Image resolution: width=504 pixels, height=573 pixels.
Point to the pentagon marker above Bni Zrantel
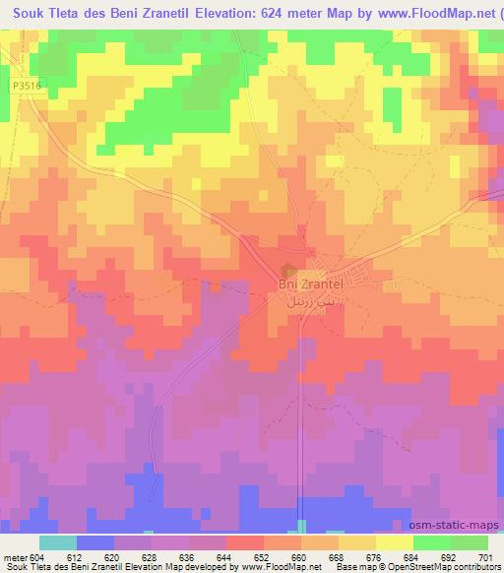coord(288,270)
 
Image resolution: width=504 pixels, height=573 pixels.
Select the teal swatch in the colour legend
coord(58,542)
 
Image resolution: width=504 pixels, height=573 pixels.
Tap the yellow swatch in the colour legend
coord(395,542)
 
